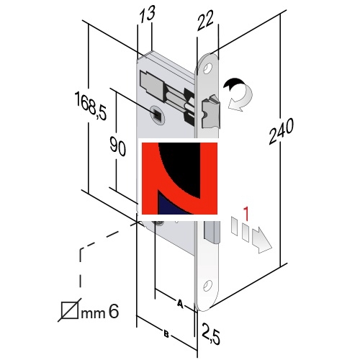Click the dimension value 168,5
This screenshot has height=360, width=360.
pos(91,106)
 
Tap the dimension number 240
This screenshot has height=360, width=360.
pos(281,131)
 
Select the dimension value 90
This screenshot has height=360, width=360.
pos(117,146)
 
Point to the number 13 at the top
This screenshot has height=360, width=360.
pos(147,14)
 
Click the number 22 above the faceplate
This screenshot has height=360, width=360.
pos(205,21)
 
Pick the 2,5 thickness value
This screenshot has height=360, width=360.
pos(210,334)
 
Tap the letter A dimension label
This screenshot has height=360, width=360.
pos(180,303)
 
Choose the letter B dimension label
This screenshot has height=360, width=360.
pos(166,334)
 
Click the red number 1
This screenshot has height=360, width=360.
pos(246,214)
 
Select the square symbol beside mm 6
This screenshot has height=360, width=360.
pos(69,310)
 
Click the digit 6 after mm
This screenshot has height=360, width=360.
pos(114,312)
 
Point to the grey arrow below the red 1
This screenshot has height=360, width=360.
pos(261,240)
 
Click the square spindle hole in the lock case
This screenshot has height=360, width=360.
pos(158,114)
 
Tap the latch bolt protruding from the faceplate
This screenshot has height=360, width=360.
pos(211,112)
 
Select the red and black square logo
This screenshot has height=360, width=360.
pos(179,179)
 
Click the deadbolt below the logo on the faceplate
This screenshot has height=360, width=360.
pos(212,232)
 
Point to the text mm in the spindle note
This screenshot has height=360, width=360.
pos(93,314)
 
